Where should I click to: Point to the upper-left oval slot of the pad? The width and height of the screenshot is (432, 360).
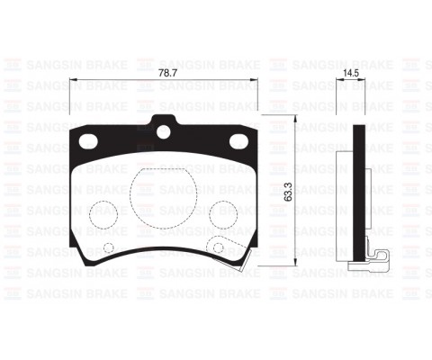[88, 141]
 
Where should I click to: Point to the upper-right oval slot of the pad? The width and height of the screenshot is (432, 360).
[239, 141]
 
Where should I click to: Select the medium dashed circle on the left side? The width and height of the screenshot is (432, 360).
[102, 215]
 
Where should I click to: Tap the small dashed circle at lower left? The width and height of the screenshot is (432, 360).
[108, 248]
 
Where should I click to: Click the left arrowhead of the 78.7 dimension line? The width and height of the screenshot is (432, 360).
[74, 83]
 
